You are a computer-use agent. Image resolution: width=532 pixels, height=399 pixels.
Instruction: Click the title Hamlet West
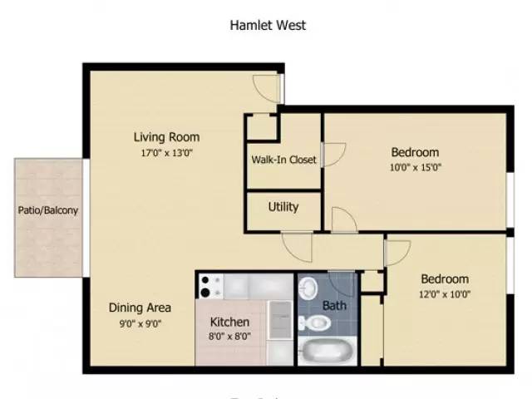pyautogui.click(x=268, y=25)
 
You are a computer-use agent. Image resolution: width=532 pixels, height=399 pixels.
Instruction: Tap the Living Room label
pyautogui.click(x=167, y=137)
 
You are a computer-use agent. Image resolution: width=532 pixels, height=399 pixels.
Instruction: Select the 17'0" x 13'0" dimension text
pyautogui.click(x=167, y=152)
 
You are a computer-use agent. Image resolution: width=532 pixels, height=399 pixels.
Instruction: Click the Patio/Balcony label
pyautogui.click(x=48, y=210)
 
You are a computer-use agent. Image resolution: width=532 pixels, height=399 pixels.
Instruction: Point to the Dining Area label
pyautogui.click(x=140, y=308)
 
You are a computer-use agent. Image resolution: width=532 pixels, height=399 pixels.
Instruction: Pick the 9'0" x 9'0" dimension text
pyautogui.click(x=140, y=324)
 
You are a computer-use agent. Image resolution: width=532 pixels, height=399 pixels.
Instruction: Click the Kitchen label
pyautogui.click(x=230, y=322)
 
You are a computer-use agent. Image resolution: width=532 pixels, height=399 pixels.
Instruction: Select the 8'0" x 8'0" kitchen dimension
pyautogui.click(x=230, y=337)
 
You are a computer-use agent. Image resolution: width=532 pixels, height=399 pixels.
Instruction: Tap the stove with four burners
pyautogui.click(x=210, y=287)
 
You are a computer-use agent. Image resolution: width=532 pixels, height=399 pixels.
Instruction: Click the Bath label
pyautogui.click(x=335, y=306)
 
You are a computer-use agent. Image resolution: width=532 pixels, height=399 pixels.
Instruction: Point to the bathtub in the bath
pyautogui.click(x=325, y=350)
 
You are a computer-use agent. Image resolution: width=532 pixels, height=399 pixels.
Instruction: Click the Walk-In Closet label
pyautogui.click(x=283, y=160)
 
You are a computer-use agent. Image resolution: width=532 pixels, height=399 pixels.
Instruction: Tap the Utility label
pyautogui.click(x=283, y=207)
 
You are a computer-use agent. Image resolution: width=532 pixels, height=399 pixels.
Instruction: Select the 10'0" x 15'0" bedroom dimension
pyautogui.click(x=415, y=167)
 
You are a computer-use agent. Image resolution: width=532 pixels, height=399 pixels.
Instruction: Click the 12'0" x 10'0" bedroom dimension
pyautogui.click(x=444, y=294)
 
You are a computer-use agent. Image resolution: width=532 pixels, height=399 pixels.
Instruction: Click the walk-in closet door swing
pyautogui.click(x=332, y=155)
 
